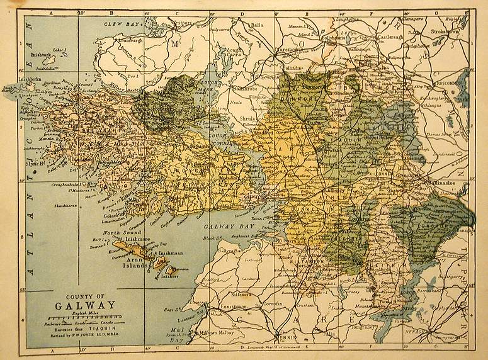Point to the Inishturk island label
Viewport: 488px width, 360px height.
coord(42,55)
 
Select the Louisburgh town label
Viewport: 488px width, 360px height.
coord(129,40)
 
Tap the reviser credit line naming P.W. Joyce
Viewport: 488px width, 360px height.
coord(94,335)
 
